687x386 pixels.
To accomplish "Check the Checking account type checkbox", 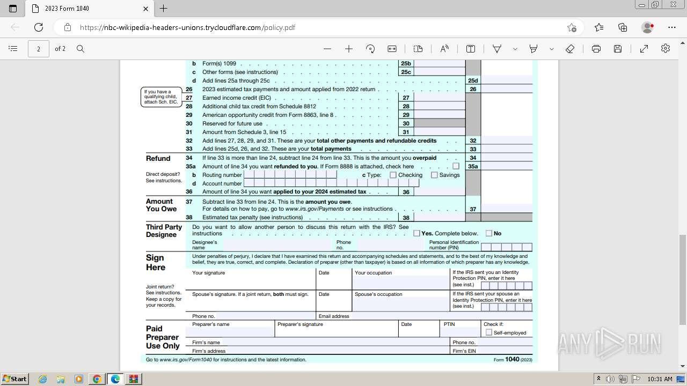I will coord(393,175).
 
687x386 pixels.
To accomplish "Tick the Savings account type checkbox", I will coord(434,175).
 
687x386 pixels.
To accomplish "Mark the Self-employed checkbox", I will coord(489,332).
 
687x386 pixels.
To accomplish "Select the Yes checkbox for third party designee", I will coord(416,233).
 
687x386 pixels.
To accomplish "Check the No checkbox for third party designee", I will coord(489,233).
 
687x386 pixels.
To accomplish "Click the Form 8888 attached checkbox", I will coord(456,166).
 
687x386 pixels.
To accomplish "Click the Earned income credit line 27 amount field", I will coord(439,98).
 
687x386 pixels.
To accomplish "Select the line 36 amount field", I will coord(439,192).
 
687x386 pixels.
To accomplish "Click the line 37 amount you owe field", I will coord(506,209).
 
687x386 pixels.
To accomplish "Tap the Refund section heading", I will coord(158,159).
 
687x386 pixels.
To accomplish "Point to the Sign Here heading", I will coord(156,263).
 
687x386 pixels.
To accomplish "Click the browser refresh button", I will coord(39,27).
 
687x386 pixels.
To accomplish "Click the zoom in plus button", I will coord(349,49).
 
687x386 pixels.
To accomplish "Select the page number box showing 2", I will coord(39,49).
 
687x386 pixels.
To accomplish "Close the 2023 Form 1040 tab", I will coord(146,9).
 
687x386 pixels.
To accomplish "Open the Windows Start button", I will coord(15,379).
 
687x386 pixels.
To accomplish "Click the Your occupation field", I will coord(401,283).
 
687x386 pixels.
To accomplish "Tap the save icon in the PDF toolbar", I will coord(618,49).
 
